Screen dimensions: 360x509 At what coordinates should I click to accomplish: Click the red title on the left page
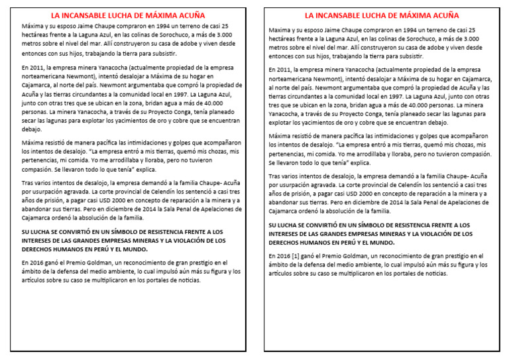click(x=128, y=15)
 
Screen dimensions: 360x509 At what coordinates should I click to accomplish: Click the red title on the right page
click(x=382, y=15)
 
